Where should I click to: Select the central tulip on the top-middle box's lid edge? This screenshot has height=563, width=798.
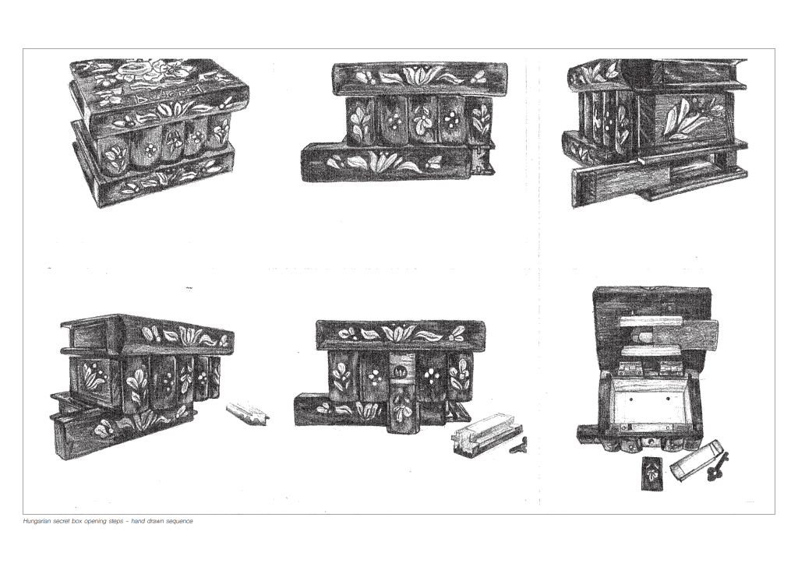[x=418, y=76]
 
